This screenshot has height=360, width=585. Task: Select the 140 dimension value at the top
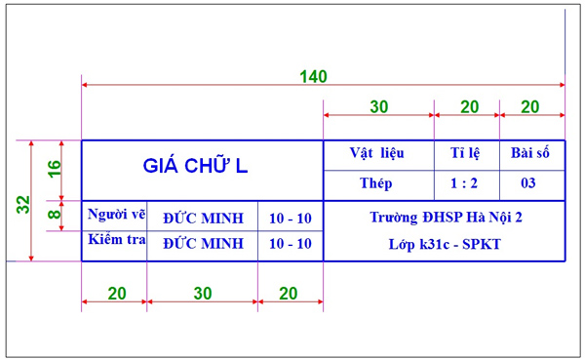tap(312, 76)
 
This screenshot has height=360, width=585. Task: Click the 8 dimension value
tap(55, 209)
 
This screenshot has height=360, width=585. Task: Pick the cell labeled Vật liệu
tap(378, 153)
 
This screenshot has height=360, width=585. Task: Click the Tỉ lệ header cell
tap(467, 153)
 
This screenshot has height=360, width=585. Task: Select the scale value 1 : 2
tap(466, 182)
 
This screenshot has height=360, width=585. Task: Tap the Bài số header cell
tap(530, 153)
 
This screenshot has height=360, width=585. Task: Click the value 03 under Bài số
tap(528, 182)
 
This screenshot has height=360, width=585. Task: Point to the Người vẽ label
tap(115, 215)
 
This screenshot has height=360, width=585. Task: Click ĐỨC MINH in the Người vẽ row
tap(203, 218)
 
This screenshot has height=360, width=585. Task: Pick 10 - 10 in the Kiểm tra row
tap(290, 243)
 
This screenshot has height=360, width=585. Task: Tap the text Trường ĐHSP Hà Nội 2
tap(446, 218)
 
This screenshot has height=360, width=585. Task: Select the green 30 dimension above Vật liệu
tap(378, 106)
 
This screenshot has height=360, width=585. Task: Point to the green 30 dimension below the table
tap(201, 294)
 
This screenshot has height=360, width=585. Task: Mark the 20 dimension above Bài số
tap(530, 106)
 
